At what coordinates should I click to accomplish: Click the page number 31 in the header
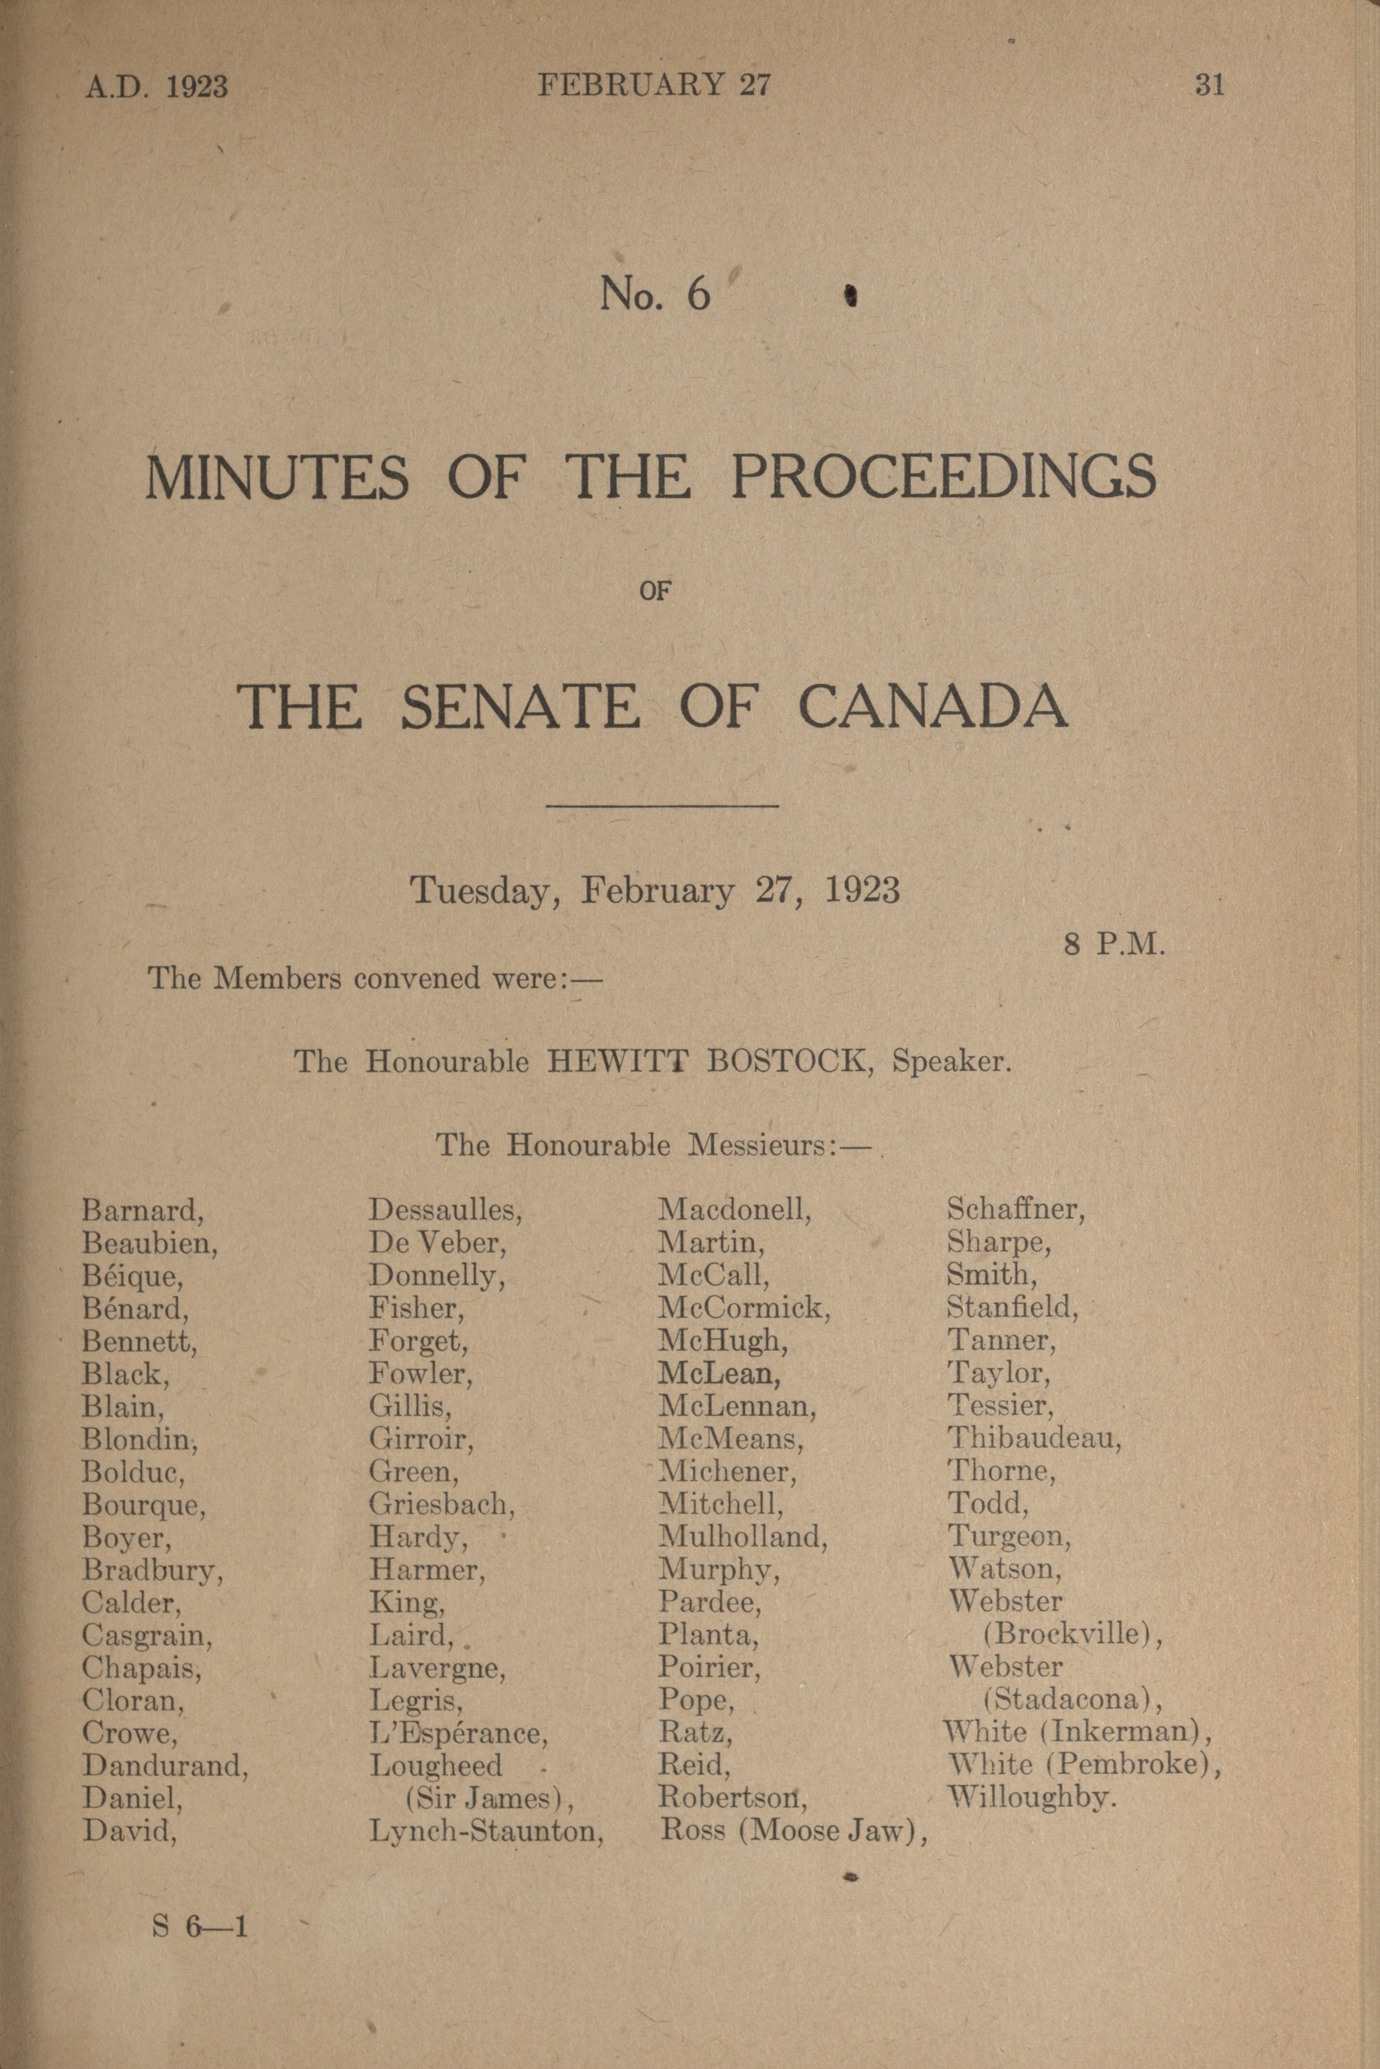point(1209,85)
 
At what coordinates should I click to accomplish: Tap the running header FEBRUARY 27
point(655,84)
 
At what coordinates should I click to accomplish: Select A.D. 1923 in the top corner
point(157,87)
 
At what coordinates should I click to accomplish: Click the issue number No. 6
point(655,294)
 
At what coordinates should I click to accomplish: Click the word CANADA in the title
point(934,706)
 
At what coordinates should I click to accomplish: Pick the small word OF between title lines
point(655,591)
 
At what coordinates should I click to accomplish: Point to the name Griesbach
point(441,1504)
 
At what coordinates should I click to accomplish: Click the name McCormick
point(743,1308)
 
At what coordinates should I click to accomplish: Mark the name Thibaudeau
point(1033,1438)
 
